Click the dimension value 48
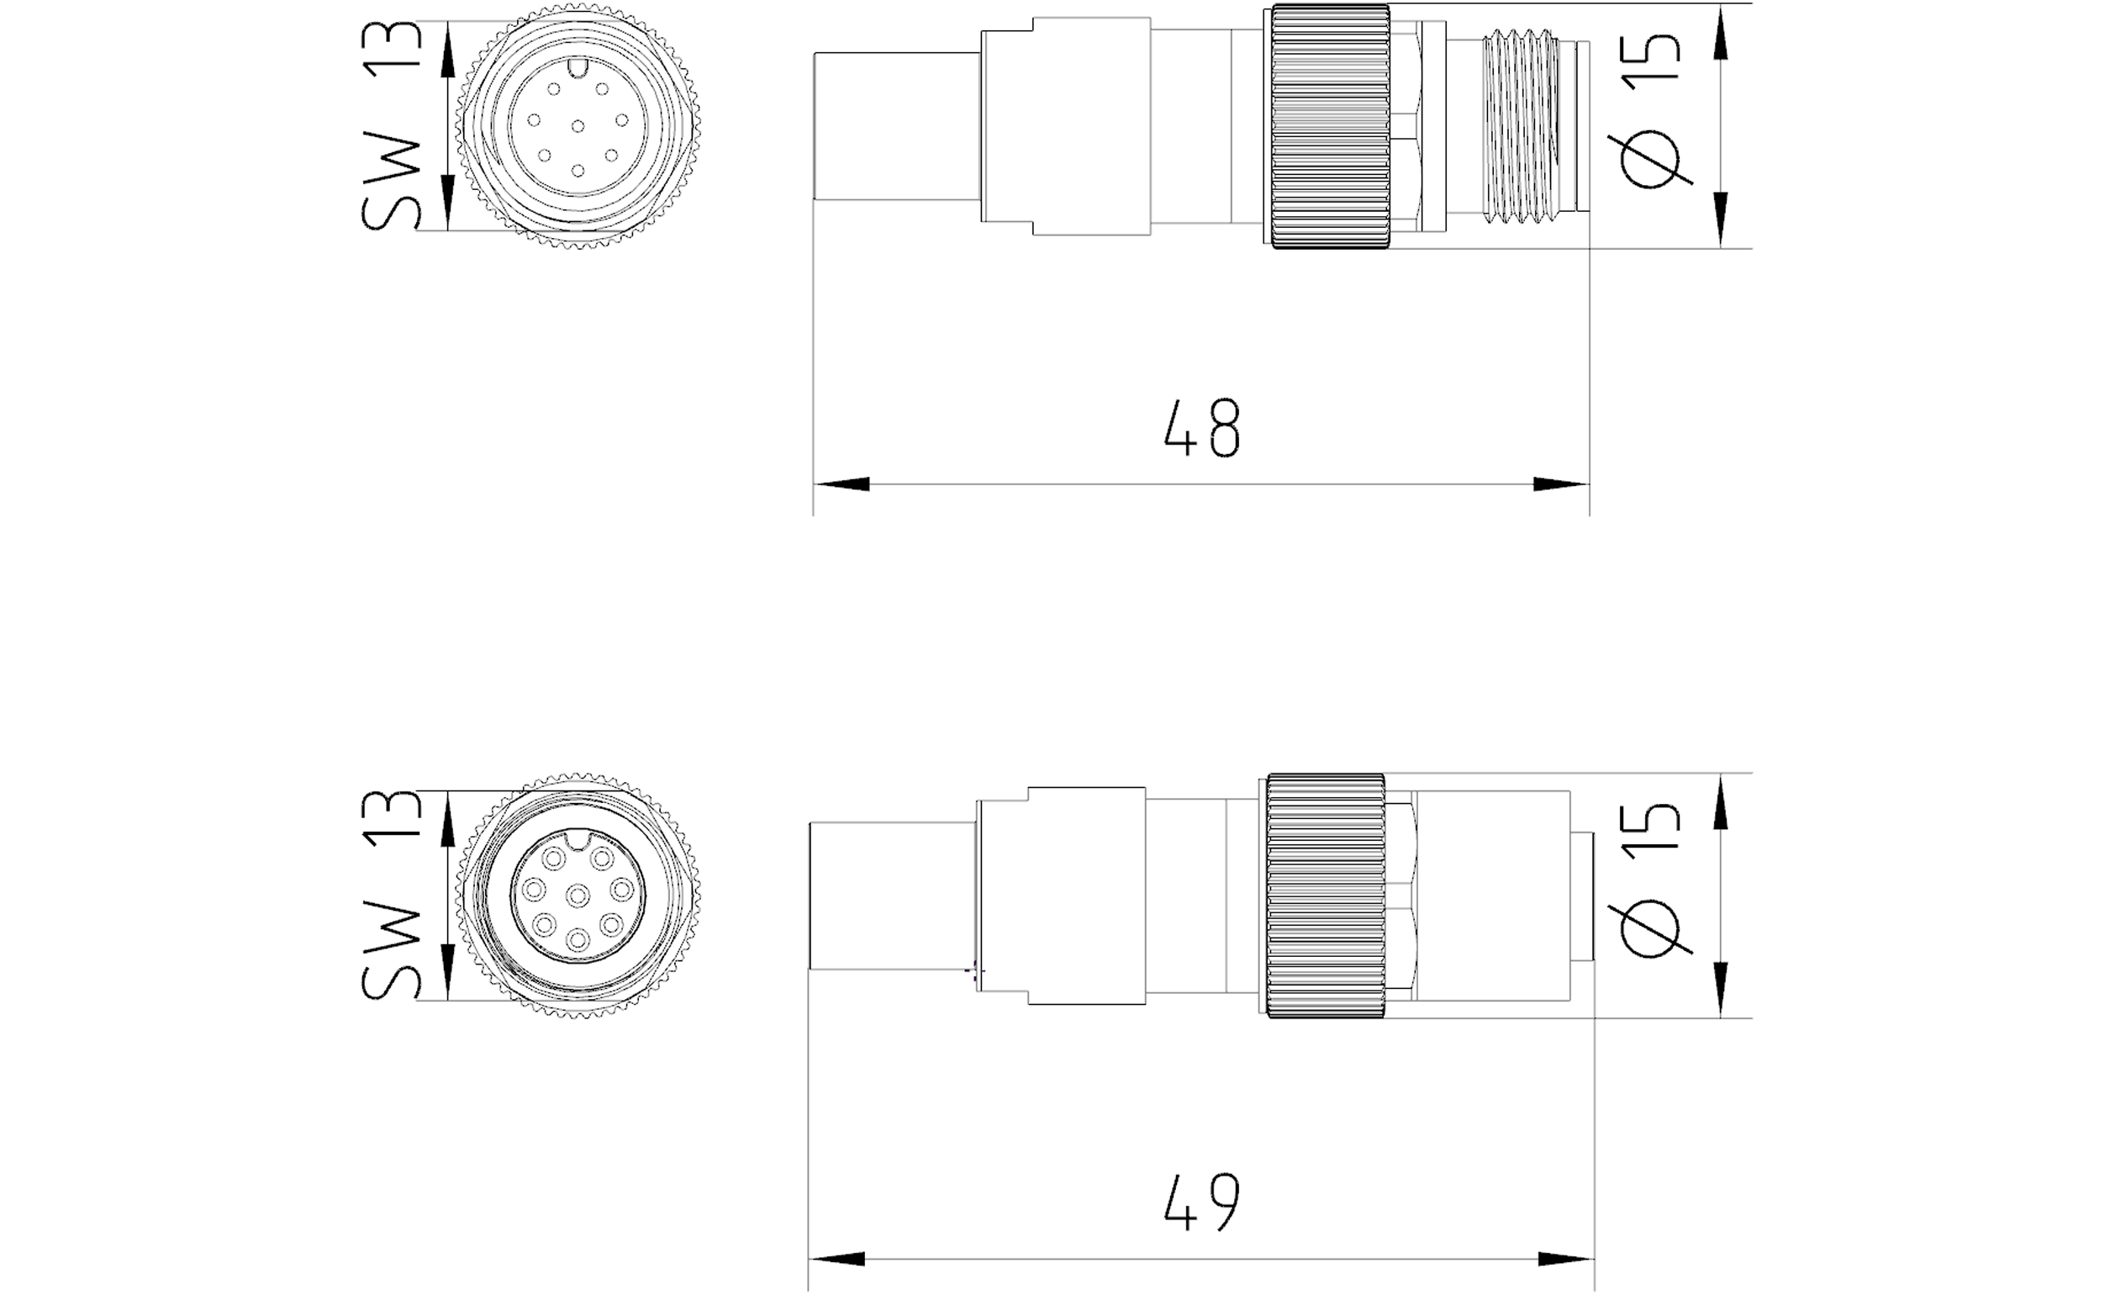[x=1201, y=426]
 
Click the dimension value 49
[x=1201, y=1202]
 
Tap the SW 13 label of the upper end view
[x=393, y=126]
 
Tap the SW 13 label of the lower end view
[x=393, y=896]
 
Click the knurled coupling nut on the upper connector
[x=1330, y=126]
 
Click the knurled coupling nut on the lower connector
[x=1326, y=896]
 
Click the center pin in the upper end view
[x=578, y=127]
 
